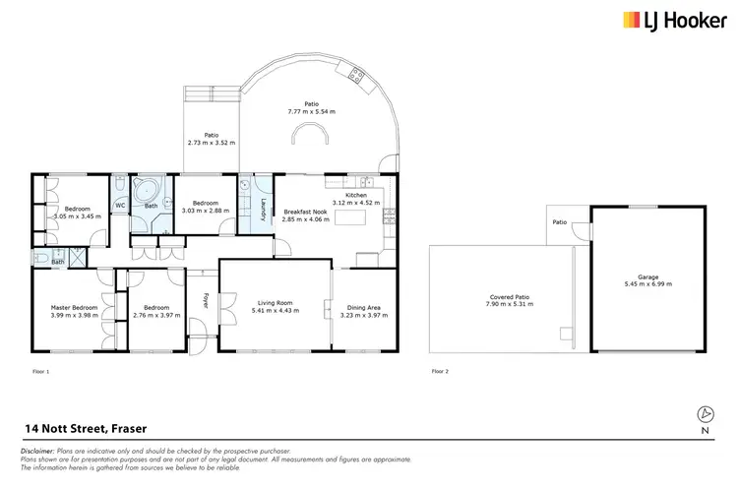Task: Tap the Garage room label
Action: [647, 276]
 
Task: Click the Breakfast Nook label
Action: [305, 213]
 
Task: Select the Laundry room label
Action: [264, 209]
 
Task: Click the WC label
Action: [121, 206]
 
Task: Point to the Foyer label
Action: [206, 300]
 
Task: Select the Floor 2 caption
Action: [440, 371]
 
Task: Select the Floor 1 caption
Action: [40, 371]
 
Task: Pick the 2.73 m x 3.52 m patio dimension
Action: [211, 144]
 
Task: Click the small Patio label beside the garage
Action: [560, 222]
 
